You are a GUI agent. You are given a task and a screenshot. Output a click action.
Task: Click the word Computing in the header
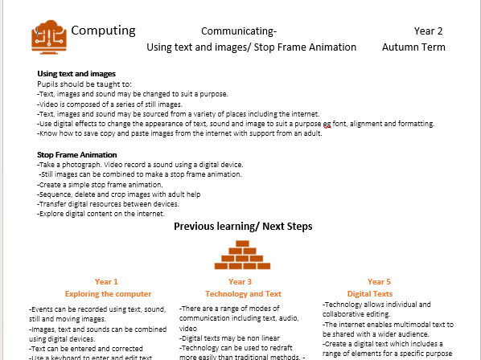[x=103, y=31]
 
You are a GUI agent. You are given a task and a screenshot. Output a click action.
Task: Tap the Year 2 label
[x=429, y=31]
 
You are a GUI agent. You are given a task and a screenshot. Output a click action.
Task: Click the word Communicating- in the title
[x=239, y=31]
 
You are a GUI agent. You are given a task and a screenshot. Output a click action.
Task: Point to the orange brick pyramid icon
[x=240, y=255]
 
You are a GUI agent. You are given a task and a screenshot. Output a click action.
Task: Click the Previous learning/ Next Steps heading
[x=242, y=227]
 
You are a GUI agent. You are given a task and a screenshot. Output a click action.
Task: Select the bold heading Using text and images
[x=76, y=74]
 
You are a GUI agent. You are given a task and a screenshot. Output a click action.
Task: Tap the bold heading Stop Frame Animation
[x=77, y=154]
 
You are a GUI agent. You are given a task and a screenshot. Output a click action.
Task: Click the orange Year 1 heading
[x=106, y=282]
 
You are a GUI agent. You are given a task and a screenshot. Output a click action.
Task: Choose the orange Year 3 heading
[x=240, y=282]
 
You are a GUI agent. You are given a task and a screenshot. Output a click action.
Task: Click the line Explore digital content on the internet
[x=101, y=214]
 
